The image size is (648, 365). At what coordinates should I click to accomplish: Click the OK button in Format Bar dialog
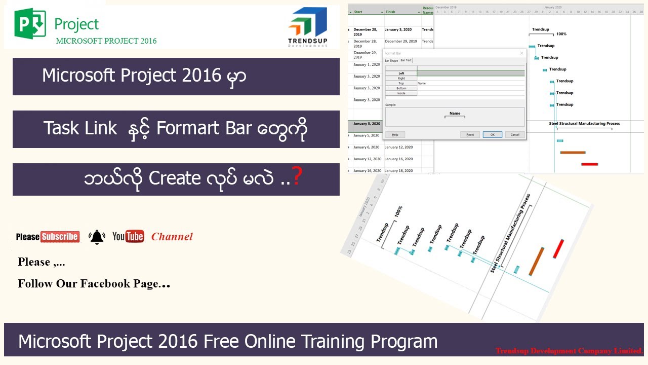pos(492,135)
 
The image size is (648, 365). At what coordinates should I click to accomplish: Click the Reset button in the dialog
pos(470,135)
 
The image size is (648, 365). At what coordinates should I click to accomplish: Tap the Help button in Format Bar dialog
pos(395,135)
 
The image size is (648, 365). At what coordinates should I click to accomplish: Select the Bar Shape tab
pos(391,60)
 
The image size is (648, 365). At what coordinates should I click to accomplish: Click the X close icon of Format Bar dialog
pos(521,53)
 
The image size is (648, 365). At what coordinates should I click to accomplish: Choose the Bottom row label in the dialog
pos(401,88)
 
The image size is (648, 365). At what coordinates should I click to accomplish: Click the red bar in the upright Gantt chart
pos(589,164)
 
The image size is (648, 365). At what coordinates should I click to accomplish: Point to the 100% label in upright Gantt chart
pos(561,34)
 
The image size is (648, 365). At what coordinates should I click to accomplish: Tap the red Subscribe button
pos(60,237)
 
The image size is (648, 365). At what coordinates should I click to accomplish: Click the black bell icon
pos(97,237)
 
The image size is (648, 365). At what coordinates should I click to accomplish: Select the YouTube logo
pos(128,236)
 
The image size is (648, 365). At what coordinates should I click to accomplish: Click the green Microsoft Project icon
pos(30,23)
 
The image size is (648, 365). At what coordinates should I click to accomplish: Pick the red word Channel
pos(172,237)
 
